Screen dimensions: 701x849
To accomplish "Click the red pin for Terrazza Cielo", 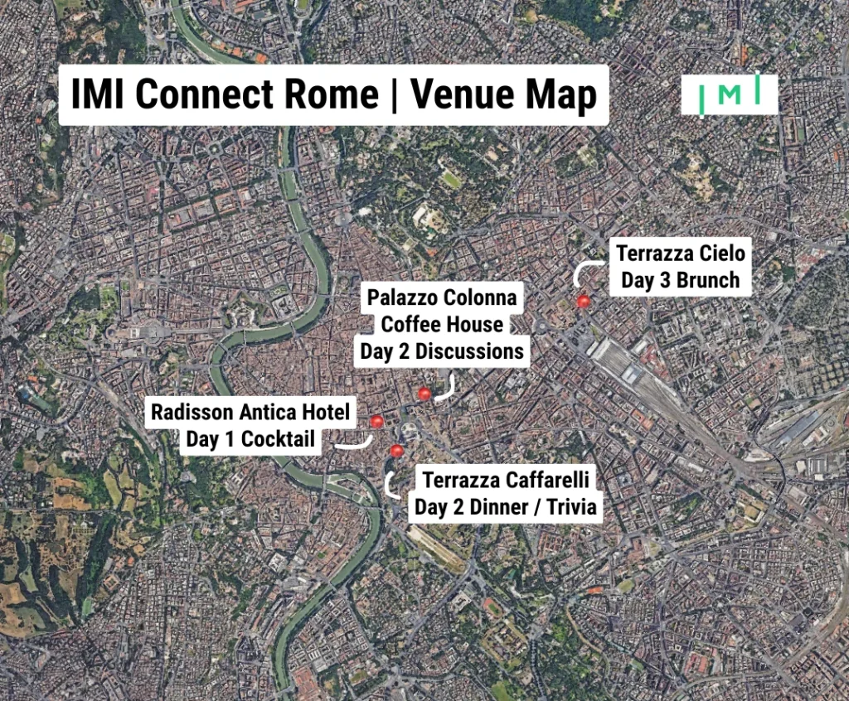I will (x=584, y=302).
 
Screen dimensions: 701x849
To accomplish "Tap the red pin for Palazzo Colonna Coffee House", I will (x=424, y=394).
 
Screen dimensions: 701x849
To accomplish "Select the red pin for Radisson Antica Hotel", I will (x=377, y=422).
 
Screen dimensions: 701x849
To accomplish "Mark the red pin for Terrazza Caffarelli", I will (x=396, y=451).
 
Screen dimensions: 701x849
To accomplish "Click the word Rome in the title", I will (x=335, y=94).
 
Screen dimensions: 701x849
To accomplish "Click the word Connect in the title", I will (x=207, y=94).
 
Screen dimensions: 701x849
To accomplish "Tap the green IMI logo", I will (x=730, y=95).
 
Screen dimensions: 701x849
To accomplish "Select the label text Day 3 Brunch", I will (x=681, y=280).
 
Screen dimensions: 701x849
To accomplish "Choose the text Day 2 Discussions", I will (x=442, y=351).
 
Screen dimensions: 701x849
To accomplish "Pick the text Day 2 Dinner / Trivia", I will (x=506, y=507).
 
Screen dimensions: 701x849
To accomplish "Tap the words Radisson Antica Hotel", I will (x=250, y=411).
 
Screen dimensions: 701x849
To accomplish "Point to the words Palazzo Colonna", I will (x=442, y=297).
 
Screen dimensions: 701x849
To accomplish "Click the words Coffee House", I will (x=442, y=324).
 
